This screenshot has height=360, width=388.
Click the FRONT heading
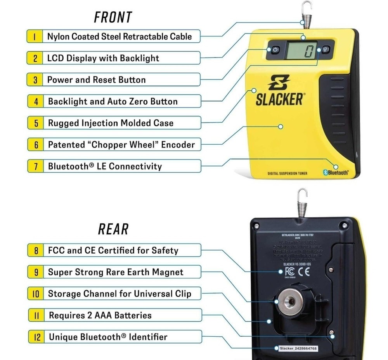click(x=113, y=17)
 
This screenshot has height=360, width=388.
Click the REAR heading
click(x=113, y=229)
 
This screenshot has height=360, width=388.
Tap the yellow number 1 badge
click(x=35, y=37)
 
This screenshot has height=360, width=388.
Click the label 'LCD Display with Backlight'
click(x=103, y=58)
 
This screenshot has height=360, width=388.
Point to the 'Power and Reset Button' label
click(x=97, y=80)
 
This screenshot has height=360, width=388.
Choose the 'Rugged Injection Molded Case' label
click(x=111, y=123)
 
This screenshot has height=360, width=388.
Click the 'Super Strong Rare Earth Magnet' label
click(x=116, y=272)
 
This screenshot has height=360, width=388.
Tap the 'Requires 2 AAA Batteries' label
click(x=100, y=315)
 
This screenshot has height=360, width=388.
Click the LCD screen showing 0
click(x=302, y=50)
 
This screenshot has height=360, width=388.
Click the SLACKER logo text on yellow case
click(x=279, y=99)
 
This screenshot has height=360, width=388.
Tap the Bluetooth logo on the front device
click(x=336, y=173)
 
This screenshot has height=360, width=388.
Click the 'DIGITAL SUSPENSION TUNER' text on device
click(x=287, y=173)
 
